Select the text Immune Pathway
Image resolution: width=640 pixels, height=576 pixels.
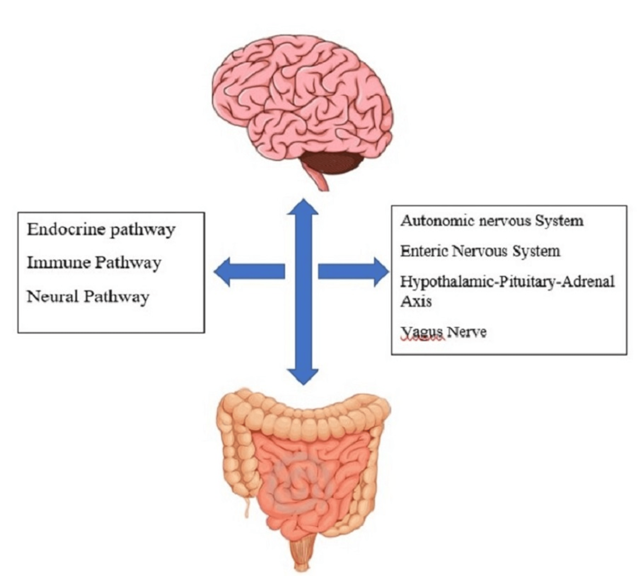coord(94,263)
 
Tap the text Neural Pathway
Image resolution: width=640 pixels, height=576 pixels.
coord(88,297)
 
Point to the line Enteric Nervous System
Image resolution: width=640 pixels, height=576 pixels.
coord(480,251)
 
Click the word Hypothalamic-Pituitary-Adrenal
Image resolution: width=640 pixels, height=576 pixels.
coord(507,281)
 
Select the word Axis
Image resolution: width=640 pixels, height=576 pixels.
coord(416,301)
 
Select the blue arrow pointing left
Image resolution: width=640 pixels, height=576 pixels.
coord(250,272)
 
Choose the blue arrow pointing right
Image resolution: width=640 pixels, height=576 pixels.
coord(353,272)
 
